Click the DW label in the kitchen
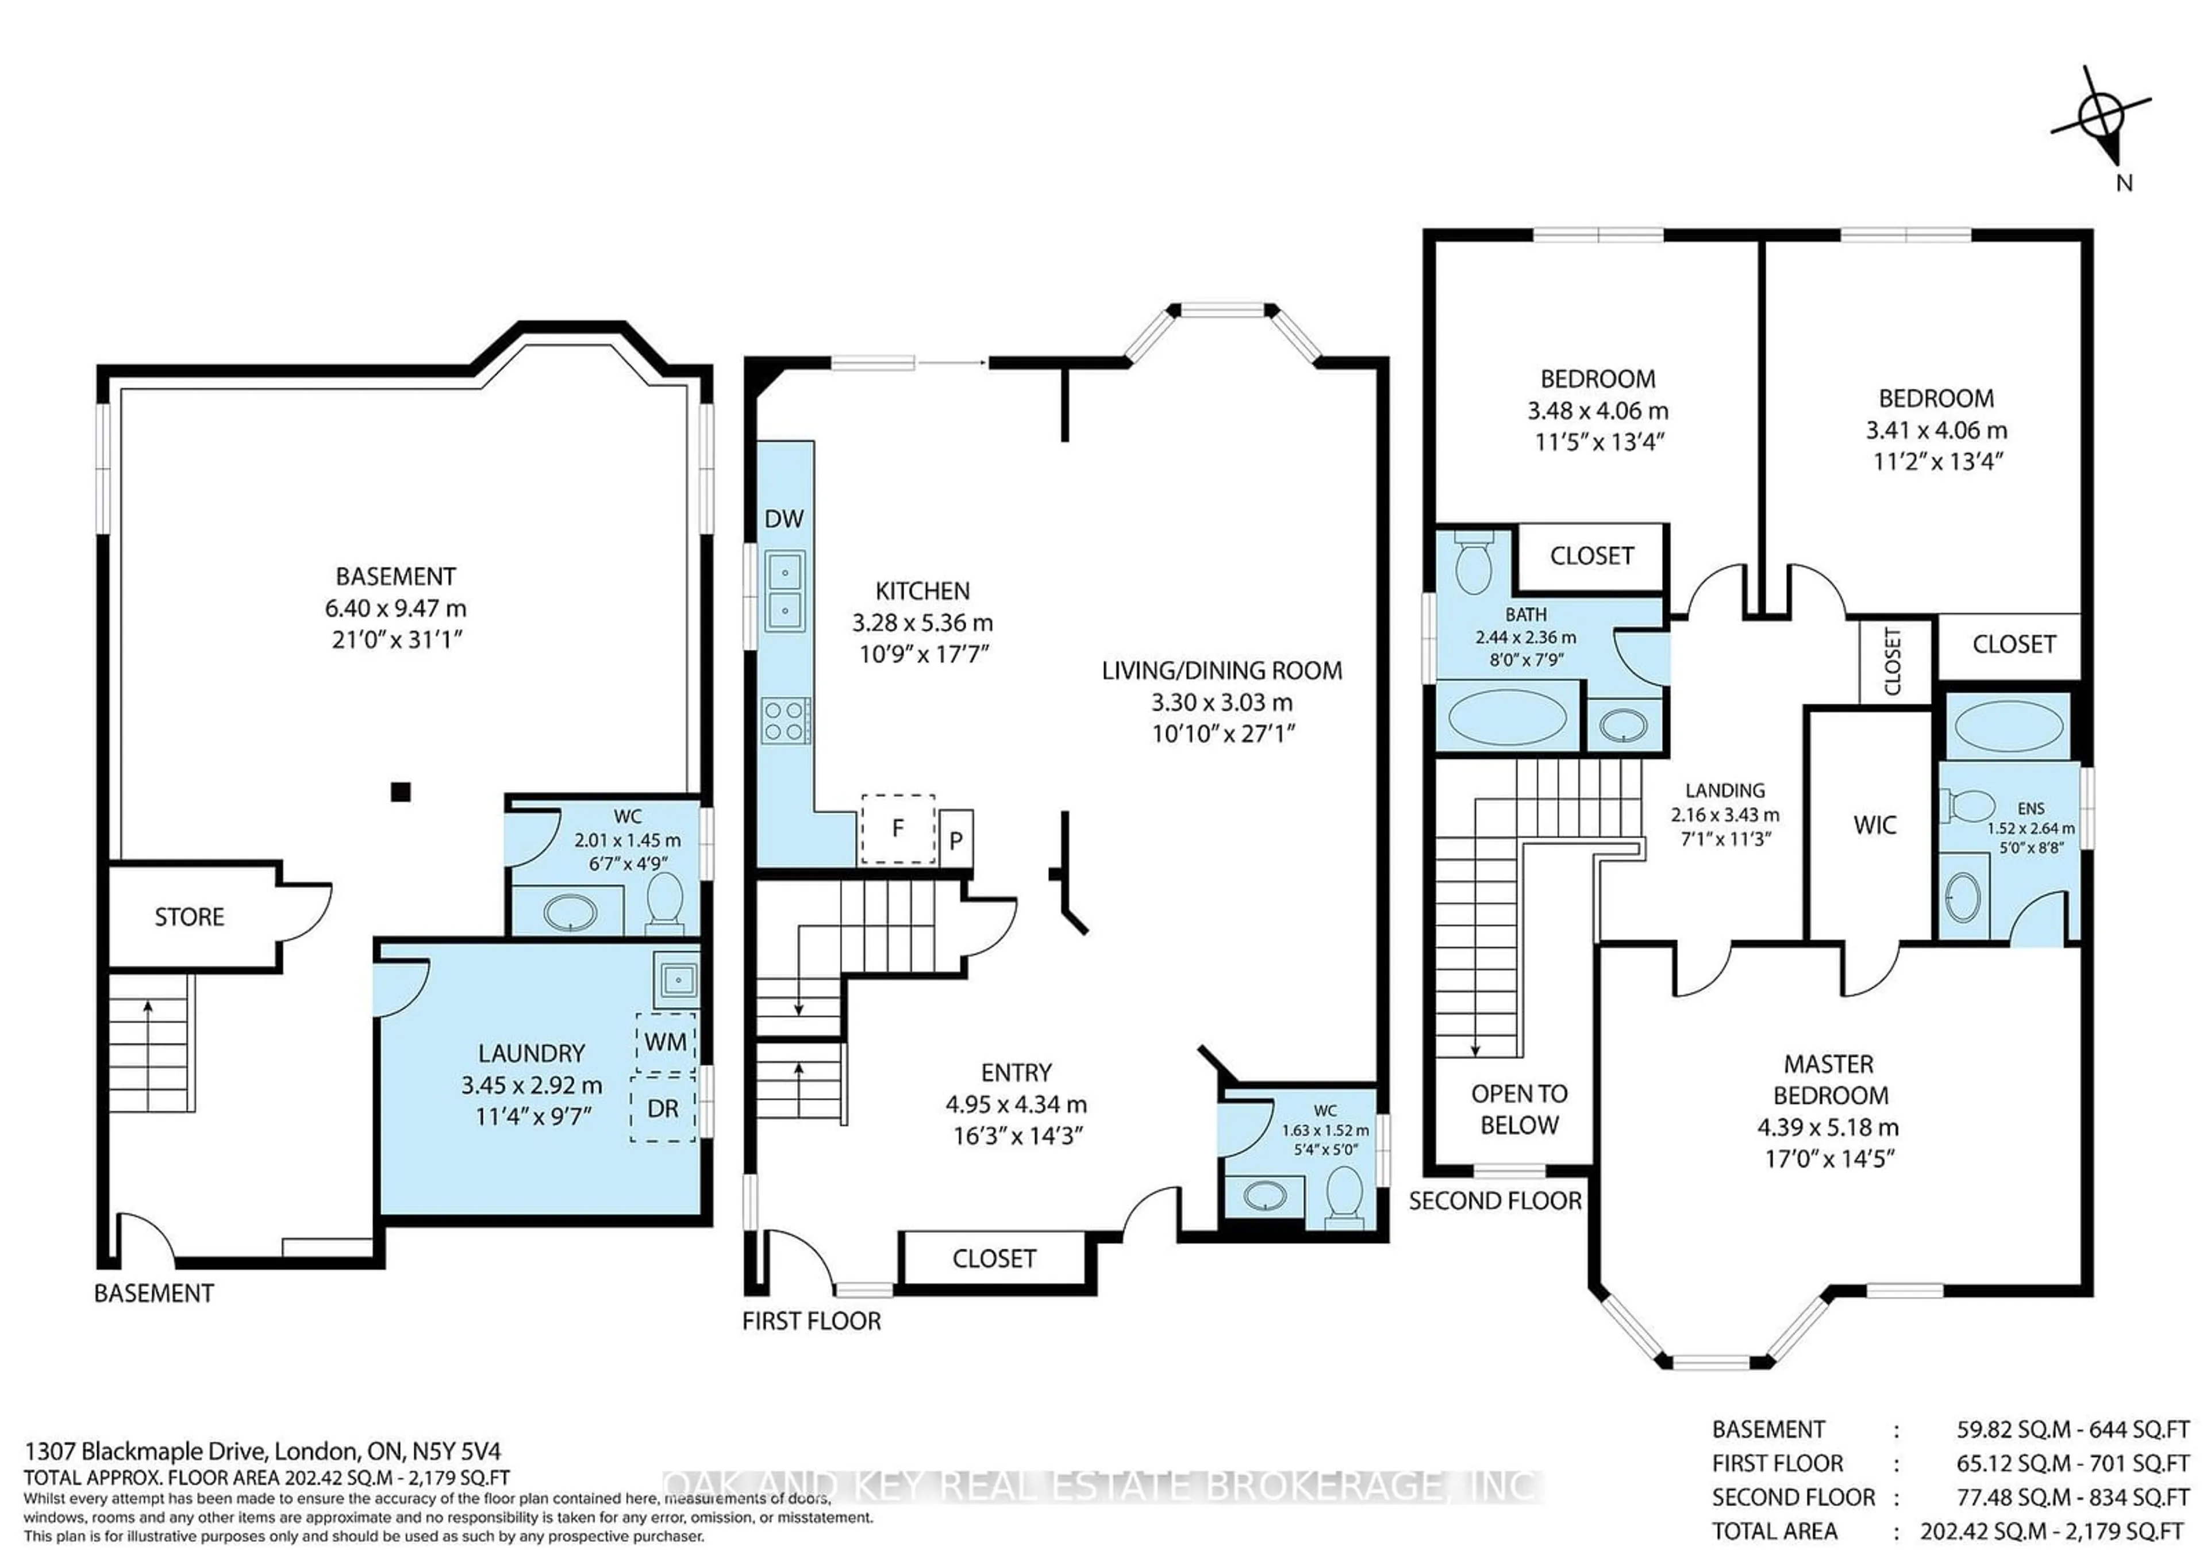(784, 519)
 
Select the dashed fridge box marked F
(898, 828)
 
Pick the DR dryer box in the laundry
(663, 1108)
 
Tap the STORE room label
(190, 916)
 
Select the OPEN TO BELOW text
(1520, 1109)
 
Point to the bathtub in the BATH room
(1507, 716)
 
